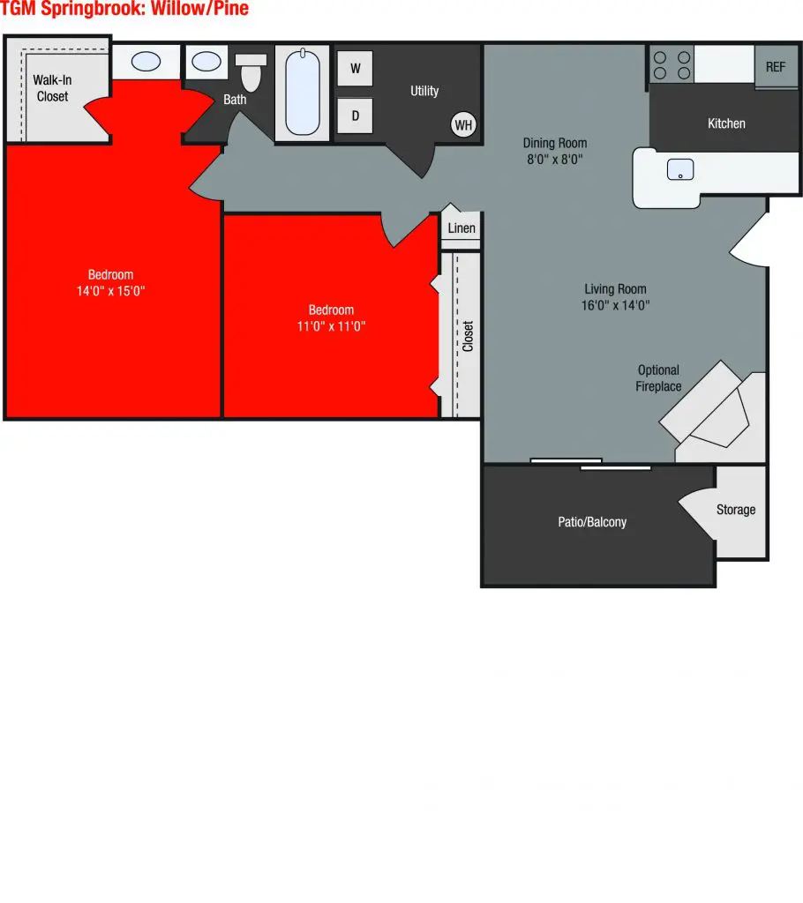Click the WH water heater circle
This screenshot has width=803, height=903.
tap(463, 125)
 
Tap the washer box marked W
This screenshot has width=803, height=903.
tap(356, 68)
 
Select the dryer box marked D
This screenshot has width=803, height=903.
tap(356, 116)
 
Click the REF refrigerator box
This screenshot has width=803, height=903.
tap(776, 66)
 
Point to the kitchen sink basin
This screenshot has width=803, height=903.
tap(679, 169)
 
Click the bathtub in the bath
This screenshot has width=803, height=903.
tap(302, 93)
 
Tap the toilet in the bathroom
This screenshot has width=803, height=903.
tap(251, 72)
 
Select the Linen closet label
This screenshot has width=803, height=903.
tap(462, 228)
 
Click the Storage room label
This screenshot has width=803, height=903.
tap(736, 510)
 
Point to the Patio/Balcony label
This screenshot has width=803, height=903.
tap(592, 522)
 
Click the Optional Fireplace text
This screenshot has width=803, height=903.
tap(658, 378)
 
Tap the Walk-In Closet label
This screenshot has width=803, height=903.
tap(52, 88)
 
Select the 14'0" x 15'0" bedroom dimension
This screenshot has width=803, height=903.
tap(111, 291)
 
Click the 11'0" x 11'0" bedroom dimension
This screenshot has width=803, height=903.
tap(331, 326)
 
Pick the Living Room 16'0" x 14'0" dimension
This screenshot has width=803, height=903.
tap(615, 306)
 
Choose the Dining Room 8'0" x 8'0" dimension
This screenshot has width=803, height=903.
tap(554, 160)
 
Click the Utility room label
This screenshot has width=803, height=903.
tap(424, 91)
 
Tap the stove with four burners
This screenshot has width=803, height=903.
tap(671, 64)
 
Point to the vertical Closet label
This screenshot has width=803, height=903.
tap(468, 336)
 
